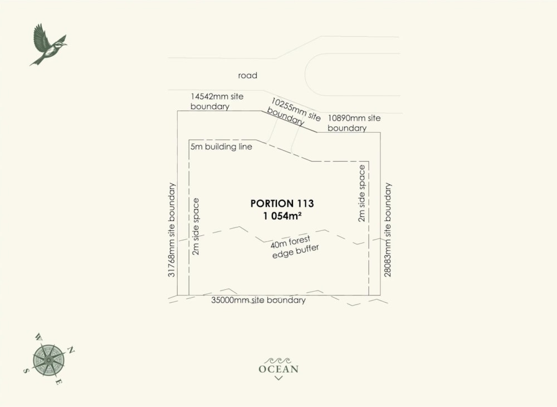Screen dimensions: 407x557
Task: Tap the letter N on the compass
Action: pyautogui.click(x=71, y=350)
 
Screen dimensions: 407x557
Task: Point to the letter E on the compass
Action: pyautogui.click(x=59, y=382)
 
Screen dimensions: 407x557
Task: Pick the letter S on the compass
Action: pyautogui.click(x=26, y=370)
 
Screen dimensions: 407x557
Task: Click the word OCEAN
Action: pyautogui.click(x=278, y=369)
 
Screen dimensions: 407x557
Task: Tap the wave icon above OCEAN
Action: pyautogui.click(x=278, y=360)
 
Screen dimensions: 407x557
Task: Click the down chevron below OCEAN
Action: pyautogui.click(x=278, y=378)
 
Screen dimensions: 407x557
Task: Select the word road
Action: pyautogui.click(x=247, y=75)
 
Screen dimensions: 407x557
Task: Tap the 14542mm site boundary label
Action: pyautogui.click(x=217, y=101)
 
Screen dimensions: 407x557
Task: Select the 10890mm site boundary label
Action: pyautogui.click(x=354, y=123)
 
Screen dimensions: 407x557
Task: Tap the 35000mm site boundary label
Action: pyautogui.click(x=258, y=301)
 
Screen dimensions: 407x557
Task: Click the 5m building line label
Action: pyautogui.click(x=221, y=147)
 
